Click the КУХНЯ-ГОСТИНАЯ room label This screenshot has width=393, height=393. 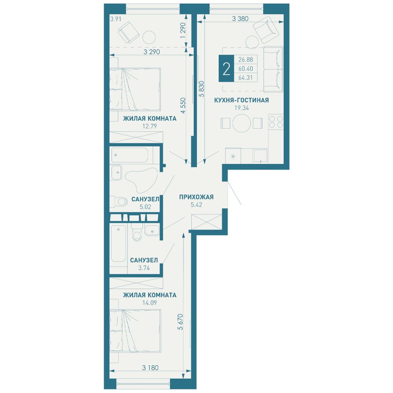[241, 100]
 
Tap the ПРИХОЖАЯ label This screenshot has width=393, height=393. [196, 197]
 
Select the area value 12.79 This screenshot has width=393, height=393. [150, 126]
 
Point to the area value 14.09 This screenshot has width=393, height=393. [150, 302]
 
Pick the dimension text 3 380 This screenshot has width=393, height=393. [240, 18]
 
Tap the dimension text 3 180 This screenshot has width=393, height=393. [150, 368]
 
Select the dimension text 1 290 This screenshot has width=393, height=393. [183, 30]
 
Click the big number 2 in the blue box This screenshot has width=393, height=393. [226, 69]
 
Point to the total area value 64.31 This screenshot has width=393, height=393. [246, 78]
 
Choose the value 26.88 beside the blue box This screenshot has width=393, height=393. [246, 60]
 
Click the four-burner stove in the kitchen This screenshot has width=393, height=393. [276, 122]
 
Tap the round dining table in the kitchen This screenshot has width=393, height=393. [242, 123]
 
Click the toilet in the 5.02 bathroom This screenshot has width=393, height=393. [118, 201]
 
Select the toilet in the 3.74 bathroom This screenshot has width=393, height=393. [137, 233]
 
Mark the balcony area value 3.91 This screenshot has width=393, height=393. [116, 19]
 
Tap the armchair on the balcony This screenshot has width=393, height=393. [129, 32]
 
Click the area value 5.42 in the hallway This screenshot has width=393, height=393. [196, 205]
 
